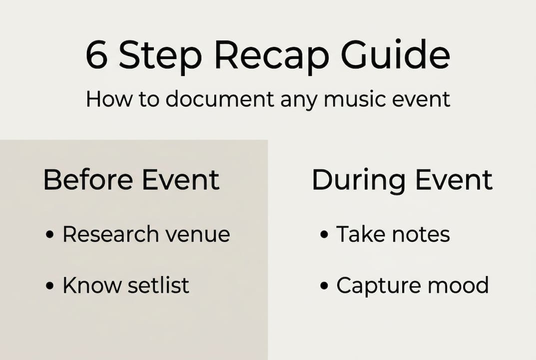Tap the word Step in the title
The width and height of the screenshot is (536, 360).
pyautogui.click(x=160, y=55)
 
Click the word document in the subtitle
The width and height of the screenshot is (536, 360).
pyautogui.click(x=220, y=98)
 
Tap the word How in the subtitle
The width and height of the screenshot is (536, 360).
pyautogui.click(x=106, y=98)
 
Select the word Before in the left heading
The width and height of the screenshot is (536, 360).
pyautogui.click(x=88, y=180)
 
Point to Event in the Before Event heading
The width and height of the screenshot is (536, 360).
pyautogui.click(x=181, y=180)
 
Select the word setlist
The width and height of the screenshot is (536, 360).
pyautogui.click(x=158, y=285)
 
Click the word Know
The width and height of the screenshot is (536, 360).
pyautogui.click(x=91, y=285)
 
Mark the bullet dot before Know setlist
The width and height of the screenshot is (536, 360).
pyautogui.click(x=49, y=286)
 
